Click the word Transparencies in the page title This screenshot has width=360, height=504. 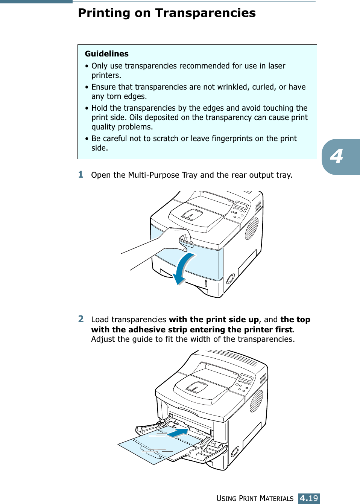205,13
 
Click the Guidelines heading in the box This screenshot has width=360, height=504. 107,54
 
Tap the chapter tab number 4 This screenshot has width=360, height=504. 337,156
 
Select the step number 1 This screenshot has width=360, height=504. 81,174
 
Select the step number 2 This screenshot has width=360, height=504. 81,319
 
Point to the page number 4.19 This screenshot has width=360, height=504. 309,498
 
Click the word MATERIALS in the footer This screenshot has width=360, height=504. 276,499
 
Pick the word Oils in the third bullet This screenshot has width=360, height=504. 136,117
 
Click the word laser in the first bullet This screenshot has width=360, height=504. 276,66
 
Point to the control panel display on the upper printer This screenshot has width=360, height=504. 241,205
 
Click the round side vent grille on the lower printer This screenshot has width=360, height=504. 257,400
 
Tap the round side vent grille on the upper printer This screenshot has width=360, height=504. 252,228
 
